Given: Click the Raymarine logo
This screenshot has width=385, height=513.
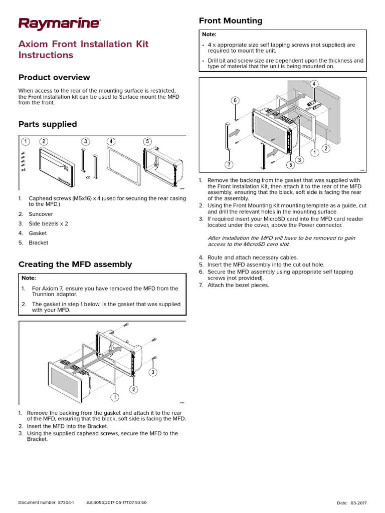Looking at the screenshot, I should coord(59,23).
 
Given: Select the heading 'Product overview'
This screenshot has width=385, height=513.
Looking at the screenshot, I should coord(54,77).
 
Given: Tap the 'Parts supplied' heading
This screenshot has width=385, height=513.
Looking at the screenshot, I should coord(48,124).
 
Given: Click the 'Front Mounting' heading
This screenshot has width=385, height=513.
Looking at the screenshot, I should coord(231,21).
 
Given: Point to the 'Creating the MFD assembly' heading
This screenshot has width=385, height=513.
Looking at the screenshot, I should coord(75,264).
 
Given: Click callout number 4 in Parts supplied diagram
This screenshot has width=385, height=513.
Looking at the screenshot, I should coord(111,141).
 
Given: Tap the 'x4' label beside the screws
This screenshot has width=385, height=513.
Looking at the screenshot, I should coord(23,170).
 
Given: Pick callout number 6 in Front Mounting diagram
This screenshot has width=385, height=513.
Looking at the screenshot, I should coord(235,101).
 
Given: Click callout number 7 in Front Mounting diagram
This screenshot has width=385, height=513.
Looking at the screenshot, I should coord(229,164).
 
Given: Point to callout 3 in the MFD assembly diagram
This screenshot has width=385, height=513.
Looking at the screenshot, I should coord(152,372).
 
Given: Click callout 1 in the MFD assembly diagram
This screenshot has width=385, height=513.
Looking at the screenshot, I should coord(114,397).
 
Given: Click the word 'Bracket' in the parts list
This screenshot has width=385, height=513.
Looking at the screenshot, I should coord(39,242).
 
